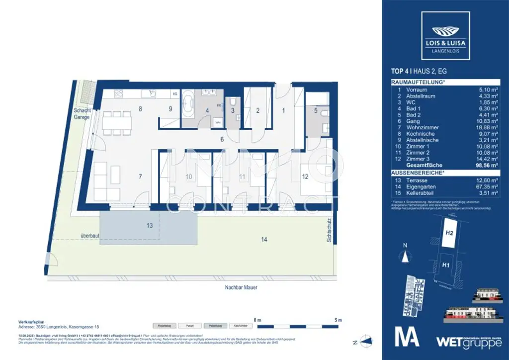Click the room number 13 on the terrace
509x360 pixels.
click(x=149, y=226)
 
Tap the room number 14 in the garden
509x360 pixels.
click(x=264, y=240)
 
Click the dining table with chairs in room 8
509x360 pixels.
click(x=117, y=122)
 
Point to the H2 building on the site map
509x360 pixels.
click(x=449, y=233)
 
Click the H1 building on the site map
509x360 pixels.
click(x=446, y=265)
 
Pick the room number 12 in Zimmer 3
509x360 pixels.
click(x=304, y=177)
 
